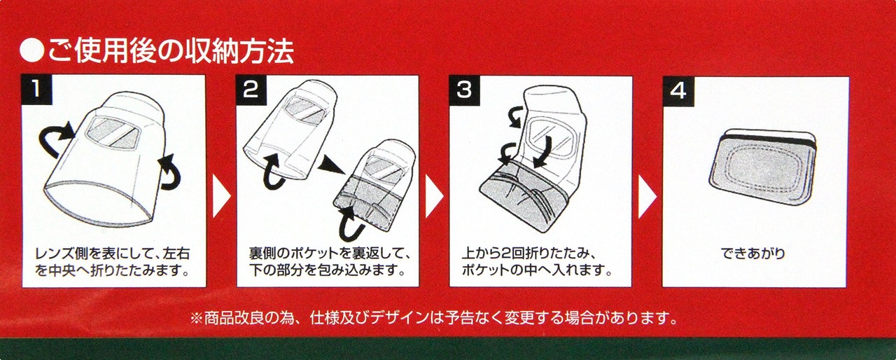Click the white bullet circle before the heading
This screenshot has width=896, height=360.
[31, 51]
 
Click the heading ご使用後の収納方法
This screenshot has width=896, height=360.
[171, 51]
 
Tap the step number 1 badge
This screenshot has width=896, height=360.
[37, 89]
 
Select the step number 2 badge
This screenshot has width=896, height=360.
[251, 90]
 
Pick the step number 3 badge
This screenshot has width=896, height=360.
[464, 90]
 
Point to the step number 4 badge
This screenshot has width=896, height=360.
[678, 91]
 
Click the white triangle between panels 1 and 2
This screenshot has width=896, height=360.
[221, 197]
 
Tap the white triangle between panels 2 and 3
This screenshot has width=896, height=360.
[434, 197]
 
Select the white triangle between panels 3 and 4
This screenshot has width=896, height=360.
[647, 197]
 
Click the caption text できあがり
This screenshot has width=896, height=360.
[753, 254]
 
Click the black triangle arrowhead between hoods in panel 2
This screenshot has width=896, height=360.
[330, 165]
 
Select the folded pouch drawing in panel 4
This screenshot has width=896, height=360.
[762, 167]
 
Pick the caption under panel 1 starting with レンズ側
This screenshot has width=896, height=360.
[113, 262]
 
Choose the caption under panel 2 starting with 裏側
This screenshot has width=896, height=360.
[328, 262]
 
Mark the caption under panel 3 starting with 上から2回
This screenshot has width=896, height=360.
[537, 262]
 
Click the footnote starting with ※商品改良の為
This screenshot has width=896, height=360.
[433, 318]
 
